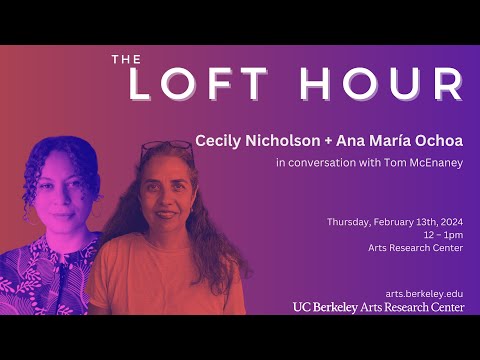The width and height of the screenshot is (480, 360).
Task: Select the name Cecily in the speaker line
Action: [x=219, y=139]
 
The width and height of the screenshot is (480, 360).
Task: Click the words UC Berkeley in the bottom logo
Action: [x=325, y=307]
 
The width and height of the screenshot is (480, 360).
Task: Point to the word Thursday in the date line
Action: [x=351, y=221]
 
